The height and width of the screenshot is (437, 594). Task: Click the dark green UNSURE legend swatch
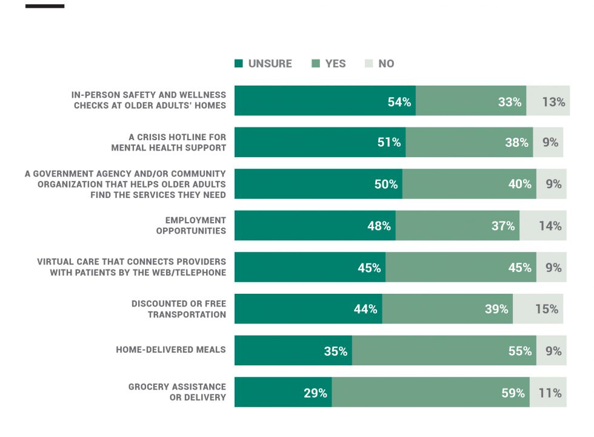[x=239, y=63]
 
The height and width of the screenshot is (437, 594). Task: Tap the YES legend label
[x=335, y=63]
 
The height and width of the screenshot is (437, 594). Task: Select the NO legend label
[x=386, y=63]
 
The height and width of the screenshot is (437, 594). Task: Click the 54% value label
[x=399, y=102]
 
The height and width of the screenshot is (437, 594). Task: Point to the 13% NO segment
[x=548, y=101]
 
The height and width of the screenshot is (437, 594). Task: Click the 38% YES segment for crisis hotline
[x=469, y=142]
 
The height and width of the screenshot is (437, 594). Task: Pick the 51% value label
[x=389, y=142]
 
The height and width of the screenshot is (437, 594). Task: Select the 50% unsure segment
[x=319, y=184]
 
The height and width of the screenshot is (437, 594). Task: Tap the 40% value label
[x=520, y=184]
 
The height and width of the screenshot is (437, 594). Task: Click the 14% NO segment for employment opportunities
[x=543, y=225]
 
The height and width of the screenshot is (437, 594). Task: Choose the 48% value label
[x=379, y=226]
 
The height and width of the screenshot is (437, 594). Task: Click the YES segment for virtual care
[x=461, y=267]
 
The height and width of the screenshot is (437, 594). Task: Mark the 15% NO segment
[x=538, y=309]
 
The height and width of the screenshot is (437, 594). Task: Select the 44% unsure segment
[x=309, y=309]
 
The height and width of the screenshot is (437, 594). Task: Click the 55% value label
[x=520, y=351]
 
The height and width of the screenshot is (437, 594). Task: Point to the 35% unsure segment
[x=293, y=351]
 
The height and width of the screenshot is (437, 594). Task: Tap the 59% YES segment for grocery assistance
[x=431, y=392]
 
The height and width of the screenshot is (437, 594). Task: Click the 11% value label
[x=550, y=393]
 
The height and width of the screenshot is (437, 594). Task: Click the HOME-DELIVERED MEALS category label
[x=171, y=350]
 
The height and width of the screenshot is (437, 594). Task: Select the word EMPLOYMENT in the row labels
[x=195, y=220]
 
